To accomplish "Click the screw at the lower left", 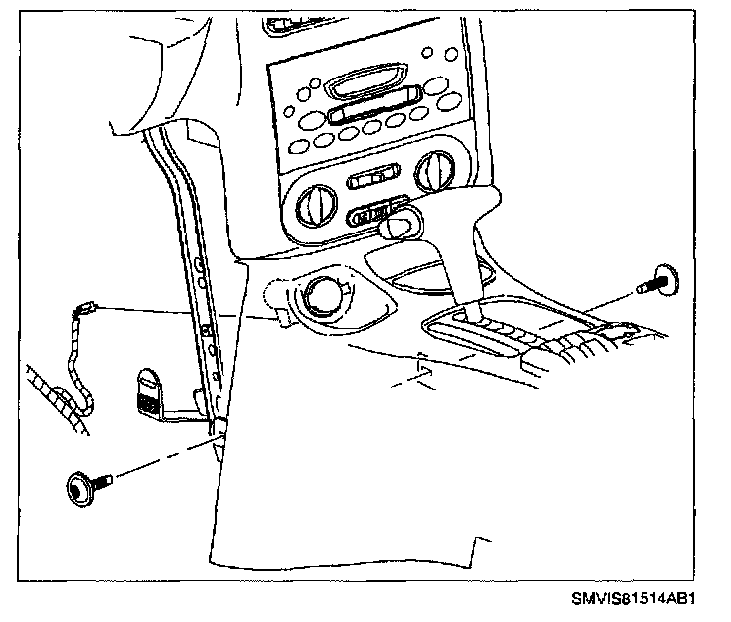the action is (88, 486).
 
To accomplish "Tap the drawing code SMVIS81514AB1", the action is (633, 598).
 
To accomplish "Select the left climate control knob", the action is (316, 206).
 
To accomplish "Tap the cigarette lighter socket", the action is (323, 295).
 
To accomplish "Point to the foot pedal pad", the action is (148, 391).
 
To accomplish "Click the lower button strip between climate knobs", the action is (373, 213).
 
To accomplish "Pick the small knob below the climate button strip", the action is (396, 227).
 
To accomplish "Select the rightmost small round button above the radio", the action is (451, 54).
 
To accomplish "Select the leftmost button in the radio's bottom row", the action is (298, 147).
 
